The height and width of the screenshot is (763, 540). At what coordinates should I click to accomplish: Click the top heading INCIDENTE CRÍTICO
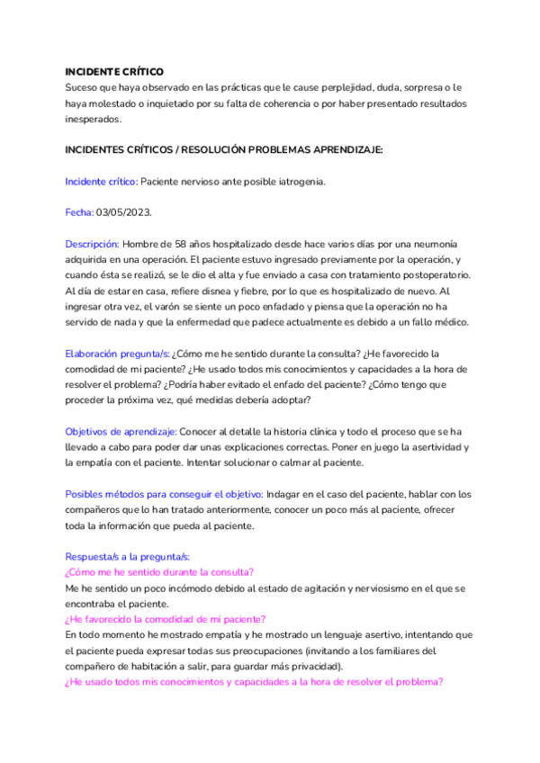[114, 71]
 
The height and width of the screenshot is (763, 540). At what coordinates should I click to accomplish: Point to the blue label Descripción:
[92, 244]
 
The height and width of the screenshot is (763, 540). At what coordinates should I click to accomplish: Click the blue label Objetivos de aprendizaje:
[121, 432]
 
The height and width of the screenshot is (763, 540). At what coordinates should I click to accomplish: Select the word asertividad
[427, 447]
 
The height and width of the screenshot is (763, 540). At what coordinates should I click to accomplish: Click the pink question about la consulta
[158, 572]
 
